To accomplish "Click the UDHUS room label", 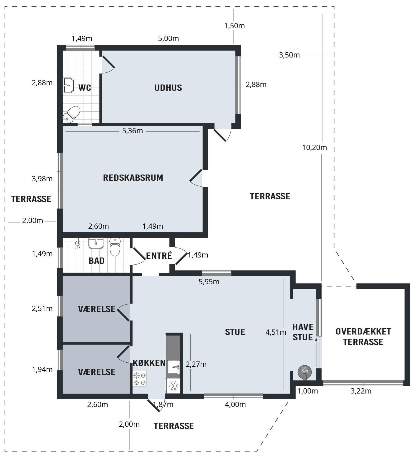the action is (168, 88).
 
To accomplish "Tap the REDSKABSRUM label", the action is (133, 178).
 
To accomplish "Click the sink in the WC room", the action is (68, 85).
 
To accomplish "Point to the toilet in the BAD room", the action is (115, 247).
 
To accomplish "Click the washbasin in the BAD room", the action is (96, 243).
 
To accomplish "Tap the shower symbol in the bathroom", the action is (78, 243).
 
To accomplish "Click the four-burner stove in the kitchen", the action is (140, 379).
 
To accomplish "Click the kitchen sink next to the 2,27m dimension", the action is (173, 367).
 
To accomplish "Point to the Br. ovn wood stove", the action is (305, 372).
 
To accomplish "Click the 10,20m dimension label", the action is (315, 147).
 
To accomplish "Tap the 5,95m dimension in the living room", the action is (209, 282).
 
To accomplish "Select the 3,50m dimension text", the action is (289, 55).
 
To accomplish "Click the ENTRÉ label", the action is (159, 256).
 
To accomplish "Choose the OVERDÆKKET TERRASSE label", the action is (363, 336).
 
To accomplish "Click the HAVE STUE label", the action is (303, 332).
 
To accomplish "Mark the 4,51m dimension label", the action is (276, 332).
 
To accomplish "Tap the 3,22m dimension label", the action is (361, 391).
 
